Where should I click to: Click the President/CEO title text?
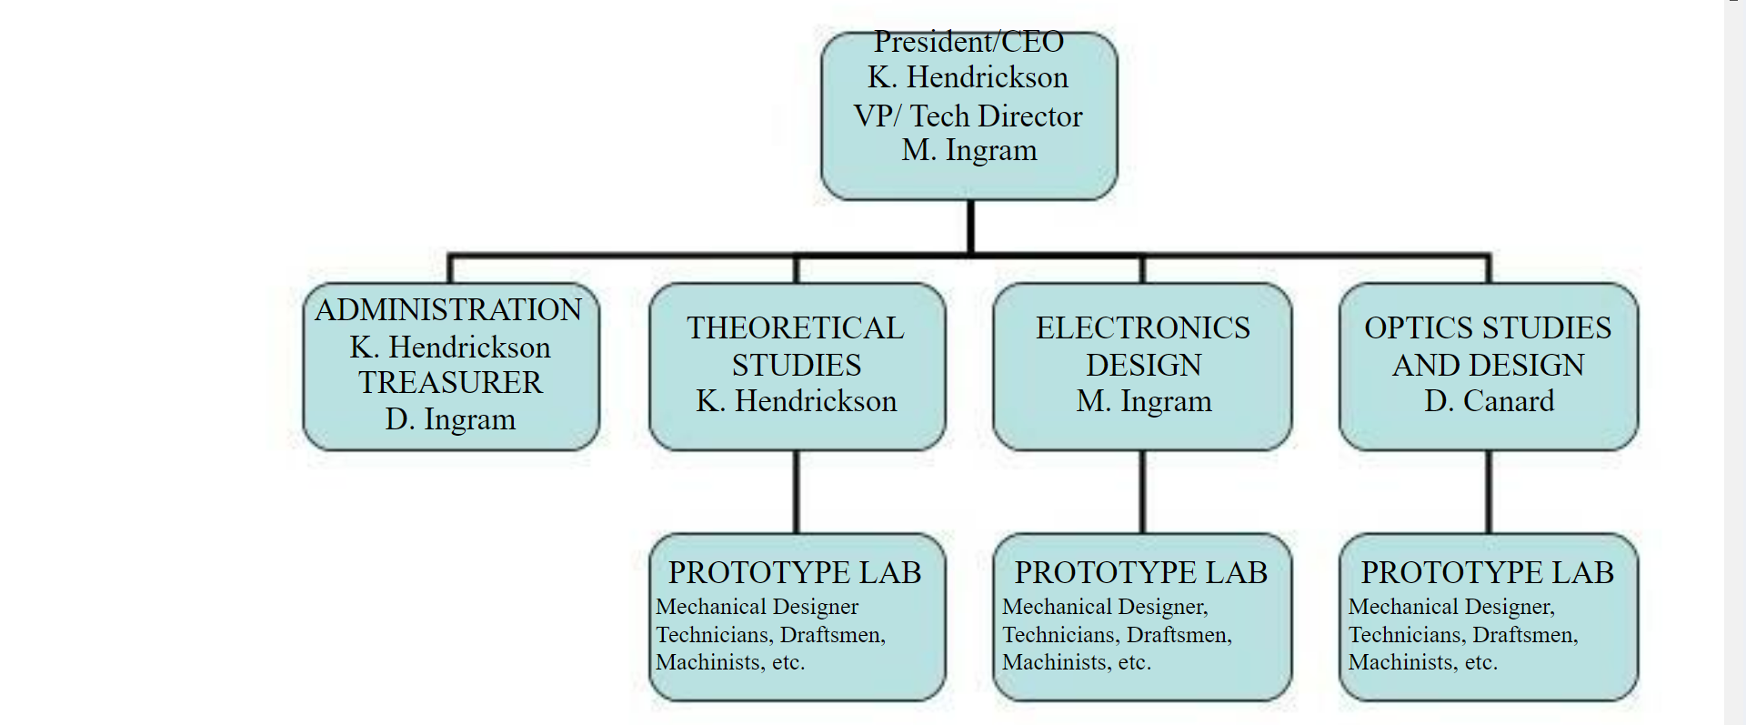(x=968, y=42)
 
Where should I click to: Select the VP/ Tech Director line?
(x=968, y=116)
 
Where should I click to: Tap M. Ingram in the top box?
(x=969, y=150)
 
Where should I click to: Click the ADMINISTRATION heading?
(x=448, y=310)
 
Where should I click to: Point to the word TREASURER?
(x=450, y=383)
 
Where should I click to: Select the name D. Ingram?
(x=450, y=419)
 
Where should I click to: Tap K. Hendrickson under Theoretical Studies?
(x=796, y=401)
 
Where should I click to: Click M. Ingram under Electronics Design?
(x=1144, y=401)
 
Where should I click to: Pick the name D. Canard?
(x=1489, y=401)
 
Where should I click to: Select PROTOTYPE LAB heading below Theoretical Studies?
(x=795, y=572)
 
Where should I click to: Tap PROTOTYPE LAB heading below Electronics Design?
(x=1141, y=572)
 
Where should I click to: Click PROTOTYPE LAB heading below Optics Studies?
(x=1488, y=572)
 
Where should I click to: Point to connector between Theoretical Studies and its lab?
(x=797, y=492)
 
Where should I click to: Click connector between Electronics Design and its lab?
(x=1143, y=492)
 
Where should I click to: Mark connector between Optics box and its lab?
(x=1489, y=492)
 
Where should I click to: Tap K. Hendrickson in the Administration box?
(x=450, y=347)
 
